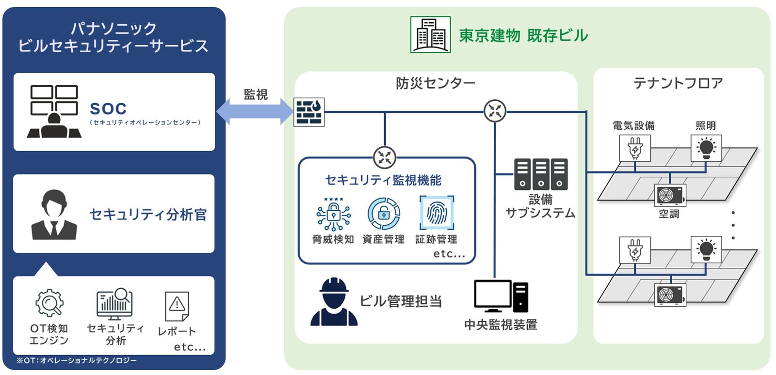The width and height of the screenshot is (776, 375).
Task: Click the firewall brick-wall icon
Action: click(309, 112)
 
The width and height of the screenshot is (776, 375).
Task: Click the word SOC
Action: click(108, 109)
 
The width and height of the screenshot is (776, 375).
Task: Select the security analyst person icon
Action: click(54, 215)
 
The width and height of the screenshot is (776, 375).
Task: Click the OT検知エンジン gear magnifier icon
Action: click(49, 303)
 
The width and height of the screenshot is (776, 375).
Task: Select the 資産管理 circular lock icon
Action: click(384, 214)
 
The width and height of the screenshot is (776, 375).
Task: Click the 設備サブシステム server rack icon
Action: click(541, 174)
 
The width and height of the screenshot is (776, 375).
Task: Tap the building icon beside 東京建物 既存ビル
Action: click(430, 35)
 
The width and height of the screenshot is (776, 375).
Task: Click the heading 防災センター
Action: click(436, 83)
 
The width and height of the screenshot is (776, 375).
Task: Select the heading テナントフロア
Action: click(678, 83)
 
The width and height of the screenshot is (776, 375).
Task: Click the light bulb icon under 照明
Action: click(706, 148)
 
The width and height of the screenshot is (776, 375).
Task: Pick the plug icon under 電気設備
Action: click(635, 148)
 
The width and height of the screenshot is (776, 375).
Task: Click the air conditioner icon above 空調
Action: click(670, 195)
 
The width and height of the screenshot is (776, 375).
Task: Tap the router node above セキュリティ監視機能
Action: click(385, 157)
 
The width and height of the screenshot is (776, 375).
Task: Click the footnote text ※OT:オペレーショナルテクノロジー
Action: click(77, 360)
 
